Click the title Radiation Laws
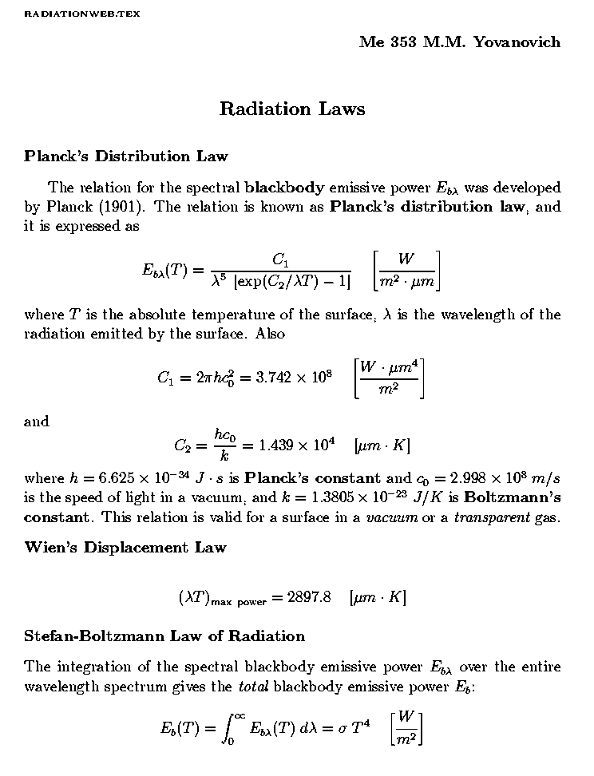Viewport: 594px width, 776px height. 292,109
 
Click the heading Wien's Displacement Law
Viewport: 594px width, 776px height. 125,548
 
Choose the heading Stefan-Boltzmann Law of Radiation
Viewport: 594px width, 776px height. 164,636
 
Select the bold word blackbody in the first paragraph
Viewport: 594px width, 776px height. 284,189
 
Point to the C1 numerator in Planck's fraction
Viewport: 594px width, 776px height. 281,259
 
